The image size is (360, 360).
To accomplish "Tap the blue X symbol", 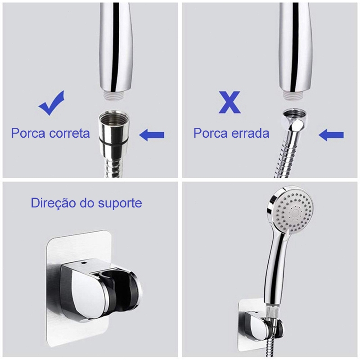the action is [x=229, y=102].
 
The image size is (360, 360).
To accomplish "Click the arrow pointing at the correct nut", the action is [x=152, y=135].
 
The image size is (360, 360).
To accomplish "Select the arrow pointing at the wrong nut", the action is [x=331, y=135].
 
